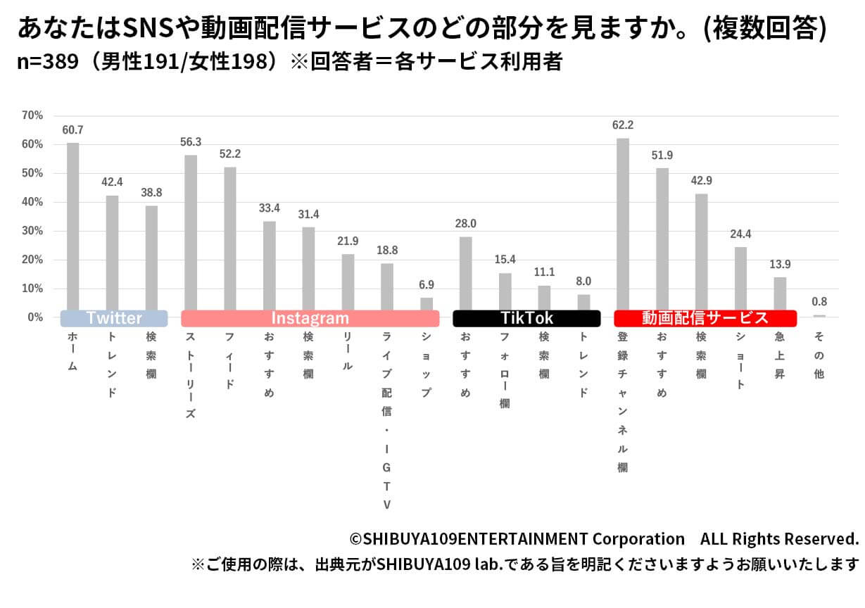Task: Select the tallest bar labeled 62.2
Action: [623, 225]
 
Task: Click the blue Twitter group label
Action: [114, 318]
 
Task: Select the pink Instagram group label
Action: [310, 318]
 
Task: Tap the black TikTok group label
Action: [526, 318]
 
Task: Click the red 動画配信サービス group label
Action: [705, 318]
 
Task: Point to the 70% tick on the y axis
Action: [32, 115]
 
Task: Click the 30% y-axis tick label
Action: [32, 231]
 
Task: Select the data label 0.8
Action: [819, 301]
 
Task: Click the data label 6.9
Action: [427, 284]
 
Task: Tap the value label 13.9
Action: [780, 264]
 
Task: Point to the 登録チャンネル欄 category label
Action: [622, 402]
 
